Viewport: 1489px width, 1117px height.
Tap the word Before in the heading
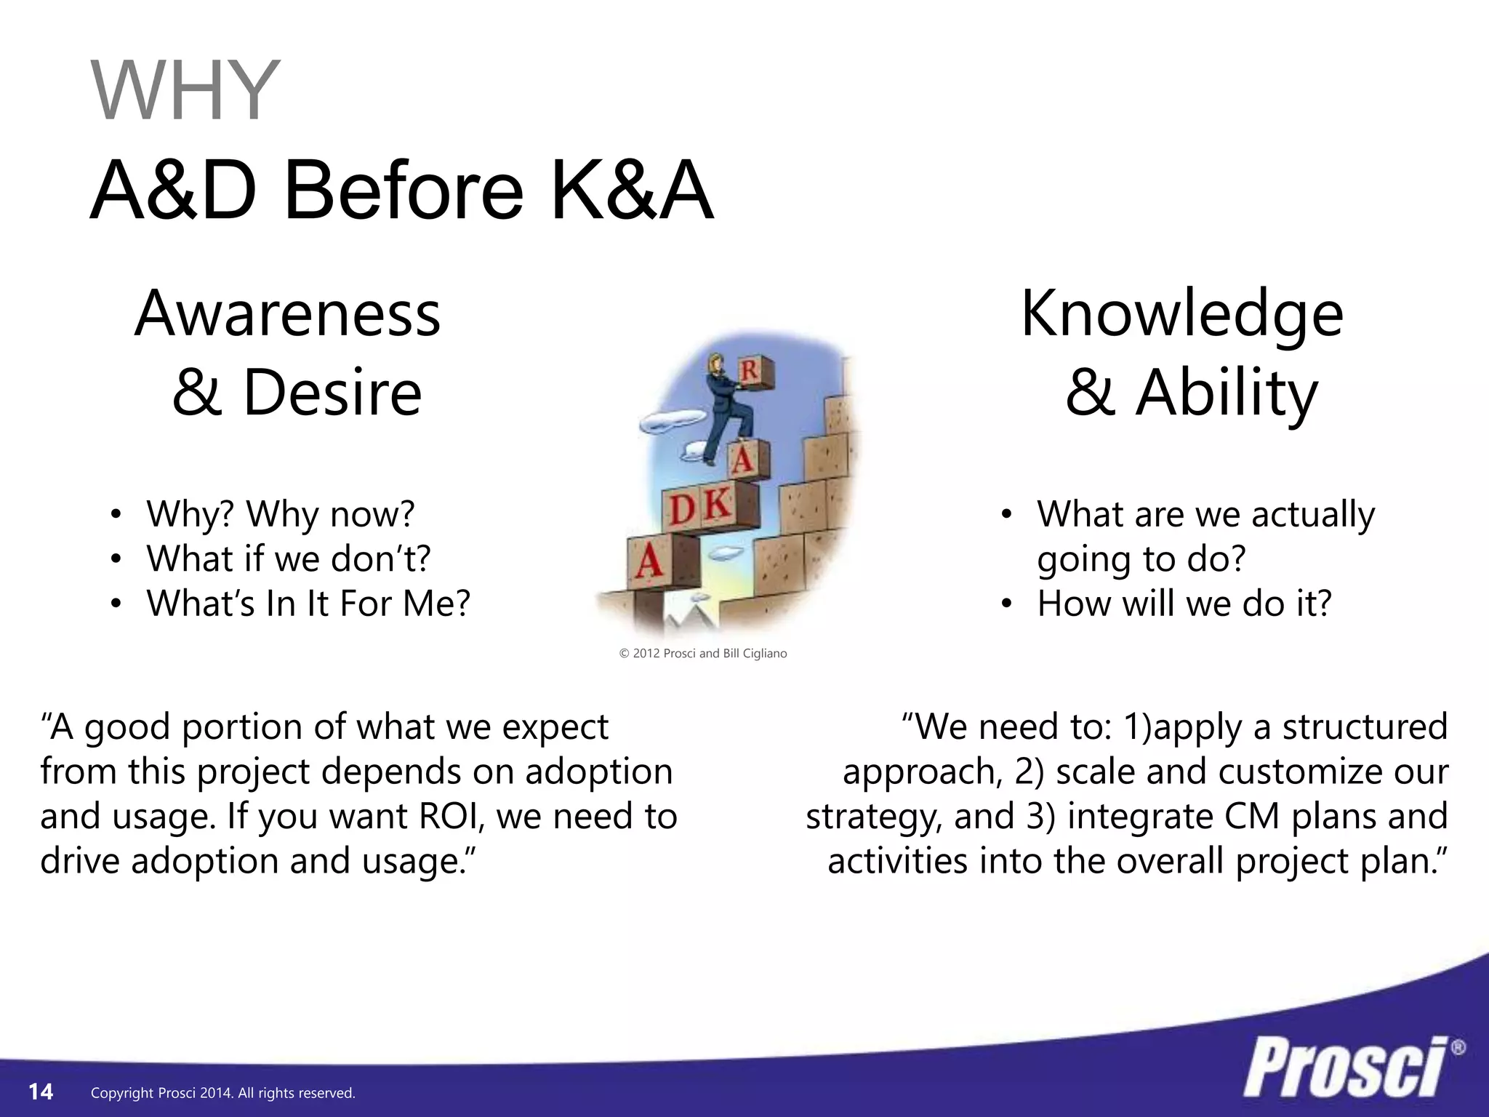pyautogui.click(x=404, y=191)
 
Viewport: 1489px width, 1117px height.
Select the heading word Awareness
pyautogui.click(x=288, y=314)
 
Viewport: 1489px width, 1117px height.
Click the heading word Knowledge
pyautogui.click(x=1182, y=314)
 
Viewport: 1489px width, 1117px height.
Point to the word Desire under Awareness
pyautogui.click(x=332, y=393)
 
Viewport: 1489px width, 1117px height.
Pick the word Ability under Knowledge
pyautogui.click(x=1227, y=393)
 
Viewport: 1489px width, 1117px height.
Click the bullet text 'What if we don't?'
pyautogui.click(x=288, y=558)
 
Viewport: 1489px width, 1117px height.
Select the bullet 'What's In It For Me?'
pyautogui.click(x=308, y=603)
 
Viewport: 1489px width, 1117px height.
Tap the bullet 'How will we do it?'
pyautogui.click(x=1184, y=603)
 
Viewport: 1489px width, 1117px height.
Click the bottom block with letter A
pyautogui.click(x=649, y=561)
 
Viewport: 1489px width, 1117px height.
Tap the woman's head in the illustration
pyautogui.click(x=715, y=361)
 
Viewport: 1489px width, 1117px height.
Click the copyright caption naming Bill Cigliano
pyautogui.click(x=703, y=653)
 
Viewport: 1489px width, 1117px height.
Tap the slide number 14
pyautogui.click(x=41, y=1092)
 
